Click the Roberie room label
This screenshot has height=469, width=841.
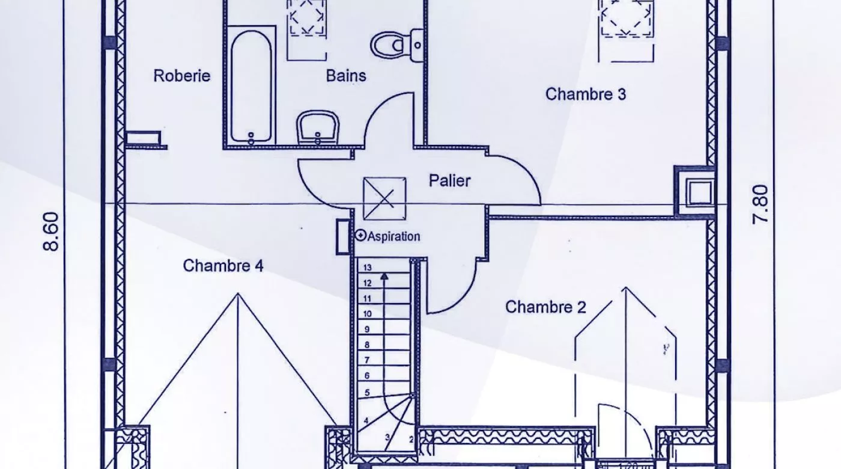[x=181, y=76]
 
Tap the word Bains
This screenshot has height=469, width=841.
[x=346, y=76]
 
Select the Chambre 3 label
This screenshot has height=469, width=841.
[x=586, y=94]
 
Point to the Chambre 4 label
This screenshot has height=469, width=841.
[x=223, y=266]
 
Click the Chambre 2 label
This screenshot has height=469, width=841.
[x=545, y=307]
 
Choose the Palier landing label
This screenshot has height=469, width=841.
[x=449, y=180]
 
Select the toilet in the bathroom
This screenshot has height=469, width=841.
[x=390, y=44]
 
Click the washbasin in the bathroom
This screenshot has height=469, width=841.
[x=318, y=127]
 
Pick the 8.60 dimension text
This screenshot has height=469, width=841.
[x=52, y=231]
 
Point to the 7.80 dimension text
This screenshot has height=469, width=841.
[x=761, y=204]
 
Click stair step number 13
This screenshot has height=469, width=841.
[x=368, y=268]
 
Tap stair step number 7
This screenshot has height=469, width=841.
[x=367, y=360]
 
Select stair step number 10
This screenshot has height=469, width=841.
[x=368, y=314]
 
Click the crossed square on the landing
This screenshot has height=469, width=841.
[x=384, y=198]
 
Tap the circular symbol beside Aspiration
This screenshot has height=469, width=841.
[x=360, y=236]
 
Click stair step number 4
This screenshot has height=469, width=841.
[x=366, y=421]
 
